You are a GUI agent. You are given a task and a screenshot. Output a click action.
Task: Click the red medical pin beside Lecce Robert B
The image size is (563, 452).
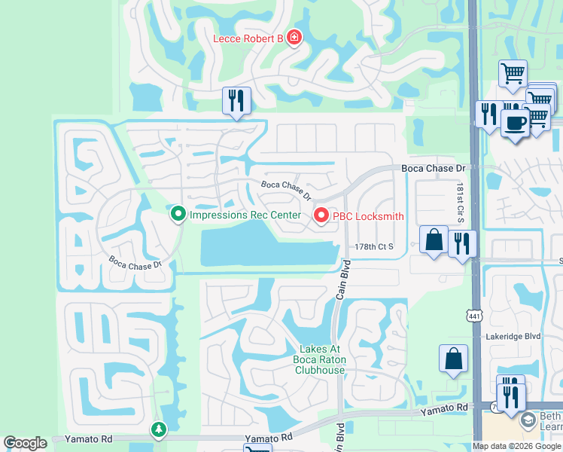pos(294,38)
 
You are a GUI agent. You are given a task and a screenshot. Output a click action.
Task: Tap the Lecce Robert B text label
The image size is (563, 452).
pos(248,38)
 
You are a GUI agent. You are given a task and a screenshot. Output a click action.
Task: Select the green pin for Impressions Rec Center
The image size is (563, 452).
pos(178,215)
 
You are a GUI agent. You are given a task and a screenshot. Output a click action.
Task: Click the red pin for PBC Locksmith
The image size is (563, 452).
pos(321,216)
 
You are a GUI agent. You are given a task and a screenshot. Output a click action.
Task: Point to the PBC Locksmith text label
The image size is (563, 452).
pos(369,216)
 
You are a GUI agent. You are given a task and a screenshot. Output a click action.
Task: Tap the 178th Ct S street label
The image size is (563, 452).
pos(374,246)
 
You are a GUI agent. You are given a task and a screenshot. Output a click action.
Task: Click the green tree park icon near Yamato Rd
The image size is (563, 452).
pos(159,429)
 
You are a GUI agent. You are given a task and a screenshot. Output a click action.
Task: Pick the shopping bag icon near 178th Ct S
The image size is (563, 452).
pos(434,241)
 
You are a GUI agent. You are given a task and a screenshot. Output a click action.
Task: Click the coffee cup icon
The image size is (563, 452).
pos(515,124)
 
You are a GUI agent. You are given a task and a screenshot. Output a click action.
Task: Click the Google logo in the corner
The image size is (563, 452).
pos(25,443)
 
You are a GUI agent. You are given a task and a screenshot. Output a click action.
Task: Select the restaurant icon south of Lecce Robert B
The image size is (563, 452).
pos(236,101)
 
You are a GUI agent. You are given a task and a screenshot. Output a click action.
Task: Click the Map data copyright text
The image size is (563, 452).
pos(516,446)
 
